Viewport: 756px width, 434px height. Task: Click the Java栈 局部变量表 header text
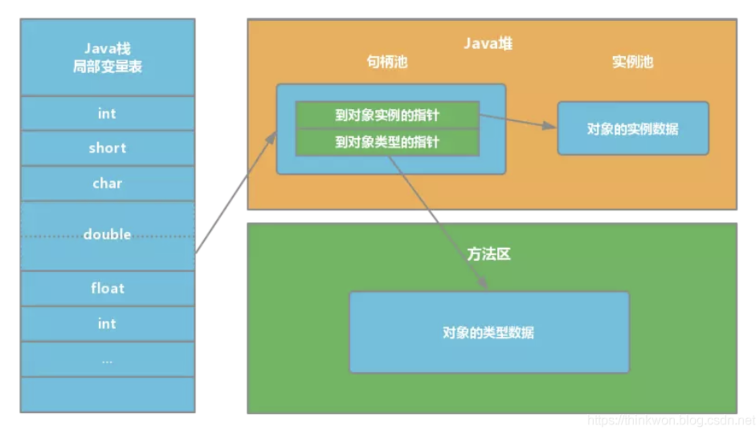tap(107, 57)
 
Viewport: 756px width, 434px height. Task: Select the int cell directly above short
tap(107, 114)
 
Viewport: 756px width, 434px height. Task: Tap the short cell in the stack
tap(107, 148)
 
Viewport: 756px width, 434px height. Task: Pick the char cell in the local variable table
tap(107, 183)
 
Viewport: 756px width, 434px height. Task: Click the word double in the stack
tap(107, 234)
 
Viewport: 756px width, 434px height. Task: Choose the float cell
tap(107, 288)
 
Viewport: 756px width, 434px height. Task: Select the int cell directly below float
tap(107, 324)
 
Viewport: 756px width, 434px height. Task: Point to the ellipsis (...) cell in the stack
tap(107, 360)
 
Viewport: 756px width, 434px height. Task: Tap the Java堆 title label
tap(488, 43)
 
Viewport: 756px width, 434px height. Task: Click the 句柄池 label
tap(387, 62)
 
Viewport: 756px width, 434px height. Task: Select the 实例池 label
tap(633, 62)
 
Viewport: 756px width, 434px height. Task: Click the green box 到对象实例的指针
tap(387, 115)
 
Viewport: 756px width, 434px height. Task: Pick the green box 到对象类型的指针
tap(387, 142)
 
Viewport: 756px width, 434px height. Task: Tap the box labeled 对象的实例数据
tap(633, 129)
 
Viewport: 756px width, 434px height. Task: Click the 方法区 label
tap(488, 254)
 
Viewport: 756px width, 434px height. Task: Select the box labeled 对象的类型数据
tap(489, 333)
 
